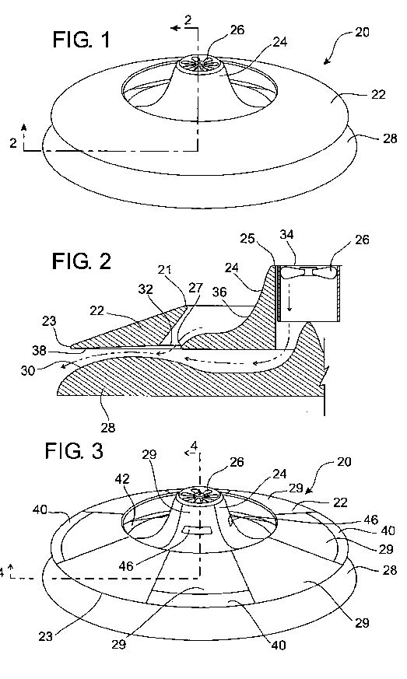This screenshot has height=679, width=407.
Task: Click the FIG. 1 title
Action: point(81,40)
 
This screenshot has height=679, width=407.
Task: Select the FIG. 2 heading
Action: point(82,261)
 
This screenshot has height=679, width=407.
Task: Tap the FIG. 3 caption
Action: point(74,451)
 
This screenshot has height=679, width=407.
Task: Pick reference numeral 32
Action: point(146,289)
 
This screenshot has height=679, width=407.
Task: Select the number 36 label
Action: point(219,292)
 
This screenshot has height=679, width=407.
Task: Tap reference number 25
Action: point(248,239)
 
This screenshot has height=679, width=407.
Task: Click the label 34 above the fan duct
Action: point(286,234)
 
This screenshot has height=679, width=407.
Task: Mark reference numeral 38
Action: point(40,350)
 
